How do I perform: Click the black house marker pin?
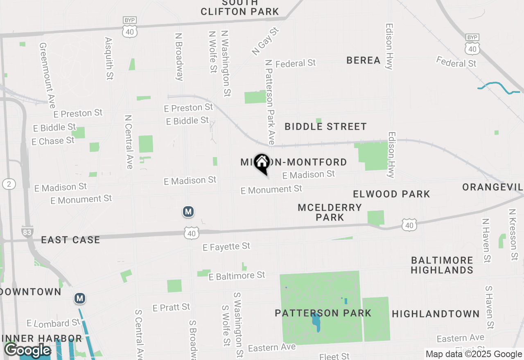coord(262,163)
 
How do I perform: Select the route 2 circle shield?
coord(9,184)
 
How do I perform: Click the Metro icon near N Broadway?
coord(188,211)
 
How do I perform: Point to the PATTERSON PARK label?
coord(323,313)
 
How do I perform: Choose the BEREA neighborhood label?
coord(364,61)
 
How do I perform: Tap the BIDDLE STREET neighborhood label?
coord(325,127)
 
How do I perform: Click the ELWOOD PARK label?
coord(391,194)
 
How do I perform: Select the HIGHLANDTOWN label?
coord(436,314)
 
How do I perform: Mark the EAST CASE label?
coord(71,240)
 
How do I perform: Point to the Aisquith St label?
coord(108,59)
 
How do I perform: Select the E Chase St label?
coord(53,141)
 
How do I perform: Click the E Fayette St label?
coord(226,247)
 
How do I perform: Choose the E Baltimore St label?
coord(237,276)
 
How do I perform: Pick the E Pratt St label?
coord(171,307)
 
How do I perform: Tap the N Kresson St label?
coord(513,234)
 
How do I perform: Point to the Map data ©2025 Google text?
coord(474,354)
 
